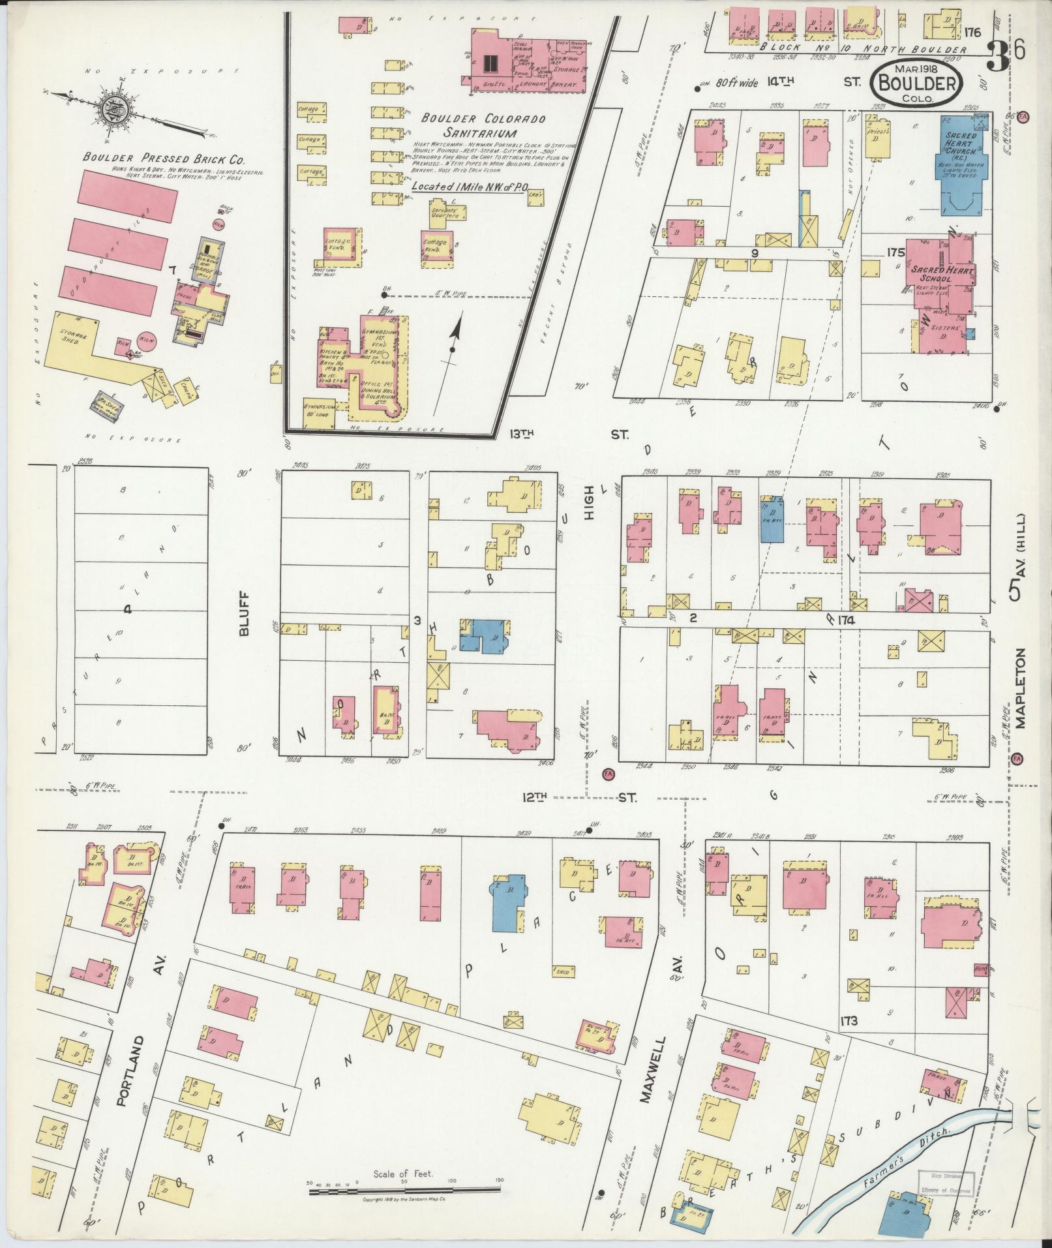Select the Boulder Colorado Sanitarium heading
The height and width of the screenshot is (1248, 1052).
483,126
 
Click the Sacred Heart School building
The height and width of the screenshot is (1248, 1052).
939,274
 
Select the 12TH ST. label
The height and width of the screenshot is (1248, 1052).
580,797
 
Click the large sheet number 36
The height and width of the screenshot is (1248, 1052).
1008,51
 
